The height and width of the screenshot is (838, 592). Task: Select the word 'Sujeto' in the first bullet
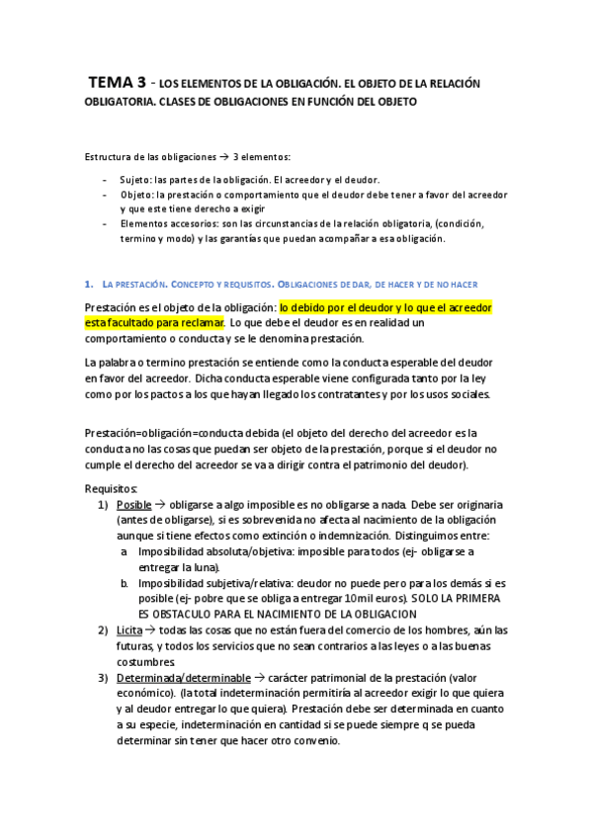click(x=134, y=179)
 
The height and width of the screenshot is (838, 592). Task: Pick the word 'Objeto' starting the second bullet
click(x=135, y=195)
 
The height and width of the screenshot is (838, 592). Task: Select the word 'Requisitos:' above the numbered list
click(x=112, y=488)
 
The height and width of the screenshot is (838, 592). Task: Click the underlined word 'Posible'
click(x=133, y=504)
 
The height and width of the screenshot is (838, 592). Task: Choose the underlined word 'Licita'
click(x=129, y=630)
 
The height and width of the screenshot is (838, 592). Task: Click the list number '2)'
click(x=104, y=630)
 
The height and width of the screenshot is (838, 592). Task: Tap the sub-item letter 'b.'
click(x=126, y=583)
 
